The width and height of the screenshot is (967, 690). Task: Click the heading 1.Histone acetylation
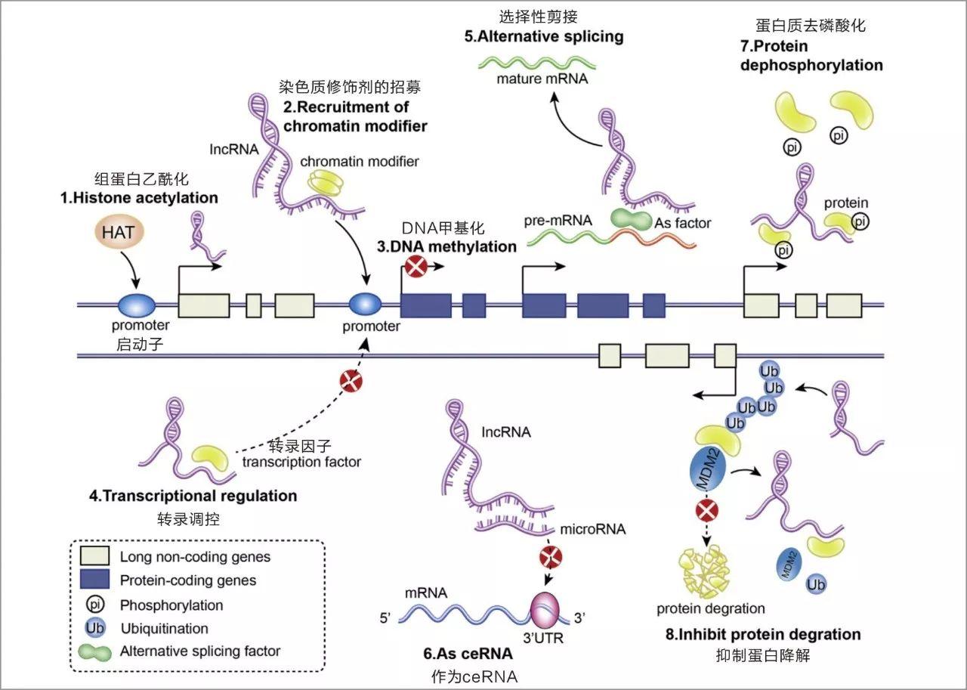coord(139,198)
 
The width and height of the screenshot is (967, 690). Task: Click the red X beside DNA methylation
coord(416,267)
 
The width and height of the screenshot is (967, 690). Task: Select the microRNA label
coord(592,529)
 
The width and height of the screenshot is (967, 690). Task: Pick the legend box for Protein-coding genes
coord(97,580)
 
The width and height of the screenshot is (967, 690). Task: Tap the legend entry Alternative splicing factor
coord(199,651)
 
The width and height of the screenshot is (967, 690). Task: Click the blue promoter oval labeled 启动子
coord(137,305)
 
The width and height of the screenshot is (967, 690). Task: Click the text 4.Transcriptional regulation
coord(193,497)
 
